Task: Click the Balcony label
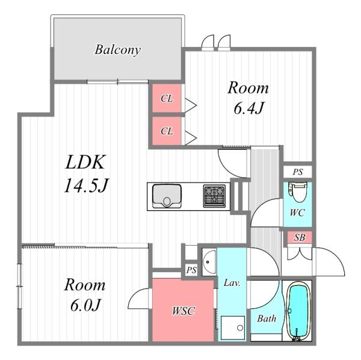click(x=117, y=50)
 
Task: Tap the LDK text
click(x=85, y=163)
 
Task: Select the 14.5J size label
click(x=86, y=185)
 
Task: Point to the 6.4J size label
click(x=248, y=108)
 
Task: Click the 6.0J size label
click(x=85, y=305)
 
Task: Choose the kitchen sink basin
click(x=167, y=196)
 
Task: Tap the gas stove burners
click(x=214, y=196)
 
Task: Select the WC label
click(x=297, y=213)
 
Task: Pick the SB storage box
click(x=300, y=237)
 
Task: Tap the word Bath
click(x=267, y=318)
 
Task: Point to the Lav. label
click(x=232, y=282)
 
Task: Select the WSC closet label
click(x=184, y=311)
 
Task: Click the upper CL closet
click(x=167, y=98)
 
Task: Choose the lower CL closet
click(x=167, y=131)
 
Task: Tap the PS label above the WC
click(x=297, y=172)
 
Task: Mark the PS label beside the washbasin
click(x=191, y=270)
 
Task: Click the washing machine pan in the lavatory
click(x=232, y=327)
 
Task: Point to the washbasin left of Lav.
click(x=209, y=262)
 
